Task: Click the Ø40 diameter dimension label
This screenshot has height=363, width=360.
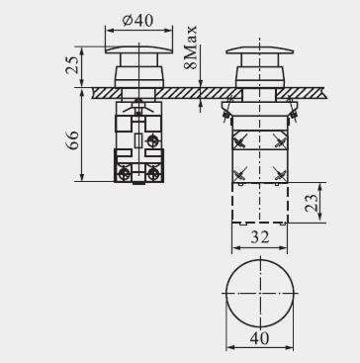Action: (137, 21)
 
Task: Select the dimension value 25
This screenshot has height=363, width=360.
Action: (72, 64)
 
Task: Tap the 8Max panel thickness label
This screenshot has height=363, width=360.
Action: (191, 47)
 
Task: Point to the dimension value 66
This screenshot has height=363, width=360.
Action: (72, 140)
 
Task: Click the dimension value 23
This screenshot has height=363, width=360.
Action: (312, 203)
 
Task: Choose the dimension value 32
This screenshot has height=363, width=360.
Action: (260, 236)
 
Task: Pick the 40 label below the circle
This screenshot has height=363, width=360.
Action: (259, 338)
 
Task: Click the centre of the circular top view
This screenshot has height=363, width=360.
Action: (259, 293)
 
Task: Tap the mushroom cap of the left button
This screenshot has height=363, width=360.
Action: (138, 49)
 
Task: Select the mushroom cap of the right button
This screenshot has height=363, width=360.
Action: (260, 50)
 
